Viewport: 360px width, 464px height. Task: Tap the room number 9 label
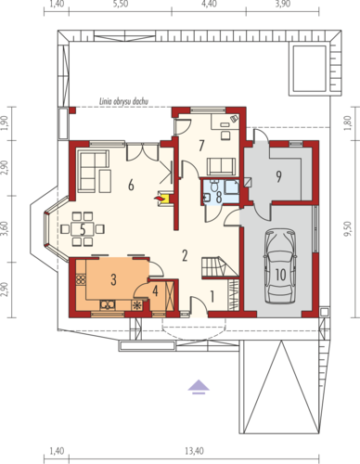(x=278, y=176)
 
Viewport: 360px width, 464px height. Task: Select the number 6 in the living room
(x=131, y=186)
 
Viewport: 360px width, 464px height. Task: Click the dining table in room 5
(x=83, y=229)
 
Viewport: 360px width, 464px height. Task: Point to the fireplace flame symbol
(x=159, y=198)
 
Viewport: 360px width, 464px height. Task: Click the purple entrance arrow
(x=199, y=387)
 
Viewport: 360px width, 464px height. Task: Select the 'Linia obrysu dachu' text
(x=123, y=101)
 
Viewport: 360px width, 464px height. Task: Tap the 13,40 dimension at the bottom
(x=194, y=451)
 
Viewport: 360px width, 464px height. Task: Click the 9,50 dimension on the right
(x=349, y=229)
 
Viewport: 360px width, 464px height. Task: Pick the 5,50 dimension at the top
(x=121, y=5)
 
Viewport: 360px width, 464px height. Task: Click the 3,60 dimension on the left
(x=5, y=229)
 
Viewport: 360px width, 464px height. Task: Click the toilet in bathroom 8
(x=213, y=186)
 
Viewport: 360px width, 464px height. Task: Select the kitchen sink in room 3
(x=107, y=304)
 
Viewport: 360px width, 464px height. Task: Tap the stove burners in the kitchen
(x=81, y=279)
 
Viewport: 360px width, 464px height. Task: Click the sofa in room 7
(x=221, y=166)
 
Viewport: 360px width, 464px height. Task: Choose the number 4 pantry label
(x=155, y=290)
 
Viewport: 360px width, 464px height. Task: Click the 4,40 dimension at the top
(x=209, y=5)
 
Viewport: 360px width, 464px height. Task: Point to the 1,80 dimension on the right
(x=349, y=122)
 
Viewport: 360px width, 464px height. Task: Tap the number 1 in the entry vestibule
(x=212, y=297)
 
